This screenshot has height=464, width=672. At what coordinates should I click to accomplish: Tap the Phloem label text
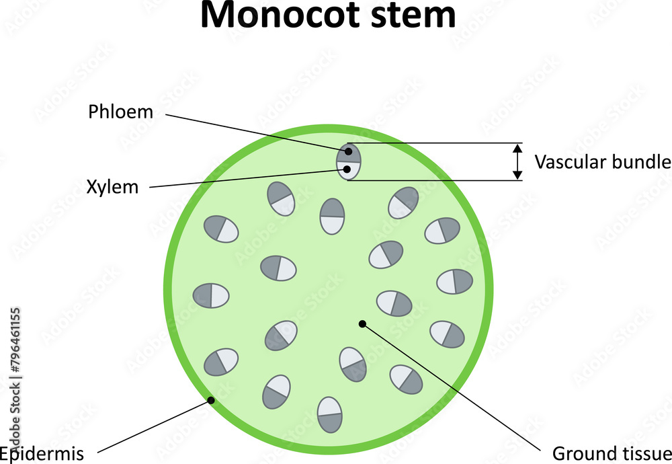tap(121, 112)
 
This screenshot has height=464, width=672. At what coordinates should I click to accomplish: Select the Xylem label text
tap(112, 187)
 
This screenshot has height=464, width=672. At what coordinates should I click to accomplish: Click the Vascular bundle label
tap(602, 161)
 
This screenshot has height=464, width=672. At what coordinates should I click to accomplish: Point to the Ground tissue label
tap(612, 452)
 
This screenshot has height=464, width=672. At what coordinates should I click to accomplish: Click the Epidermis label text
tap(42, 454)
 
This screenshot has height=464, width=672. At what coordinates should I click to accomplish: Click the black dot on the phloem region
tap(349, 151)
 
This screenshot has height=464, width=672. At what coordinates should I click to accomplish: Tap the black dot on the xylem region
tap(347, 169)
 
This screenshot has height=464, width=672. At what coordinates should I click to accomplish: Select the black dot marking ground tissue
tap(362, 323)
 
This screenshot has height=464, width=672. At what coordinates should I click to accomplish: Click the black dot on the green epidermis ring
tap(210, 400)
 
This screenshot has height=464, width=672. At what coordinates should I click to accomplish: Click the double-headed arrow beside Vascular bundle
tap(517, 161)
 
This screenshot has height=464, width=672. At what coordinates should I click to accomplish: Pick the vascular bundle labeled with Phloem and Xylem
tap(349, 161)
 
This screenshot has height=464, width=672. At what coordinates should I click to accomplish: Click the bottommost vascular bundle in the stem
tap(329, 414)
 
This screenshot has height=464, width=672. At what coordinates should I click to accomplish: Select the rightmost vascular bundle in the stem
tap(455, 281)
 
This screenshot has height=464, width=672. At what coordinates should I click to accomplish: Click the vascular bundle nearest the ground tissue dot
tap(394, 303)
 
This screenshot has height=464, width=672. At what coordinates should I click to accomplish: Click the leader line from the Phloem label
tap(255, 132)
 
